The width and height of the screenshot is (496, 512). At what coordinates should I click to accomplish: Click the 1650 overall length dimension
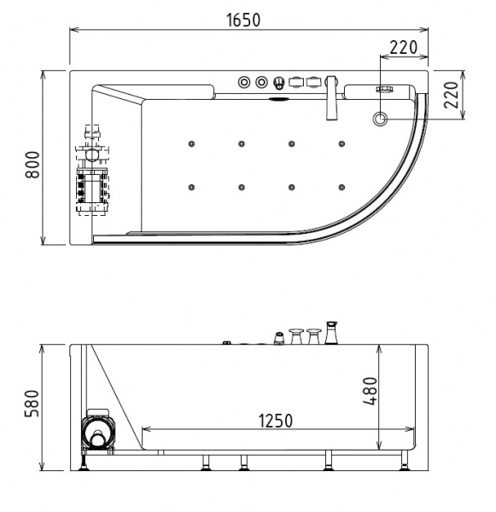coord(244,20)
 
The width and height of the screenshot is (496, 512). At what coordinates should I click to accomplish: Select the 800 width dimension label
coord(32,165)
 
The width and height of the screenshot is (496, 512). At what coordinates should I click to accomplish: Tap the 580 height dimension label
coord(32,404)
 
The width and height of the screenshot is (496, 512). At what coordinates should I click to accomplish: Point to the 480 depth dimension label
coord(371,391)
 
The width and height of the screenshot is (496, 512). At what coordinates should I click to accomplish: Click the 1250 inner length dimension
coord(276,421)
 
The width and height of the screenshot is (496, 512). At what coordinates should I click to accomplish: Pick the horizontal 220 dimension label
coord(404,48)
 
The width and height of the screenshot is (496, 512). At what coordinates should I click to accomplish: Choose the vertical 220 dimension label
coord(451,95)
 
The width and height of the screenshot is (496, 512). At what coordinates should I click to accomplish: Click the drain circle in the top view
coord(380,119)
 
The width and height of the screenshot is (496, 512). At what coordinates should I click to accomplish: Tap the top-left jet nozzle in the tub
coord(191,143)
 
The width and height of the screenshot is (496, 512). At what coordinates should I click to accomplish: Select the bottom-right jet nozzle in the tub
coord(341,188)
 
